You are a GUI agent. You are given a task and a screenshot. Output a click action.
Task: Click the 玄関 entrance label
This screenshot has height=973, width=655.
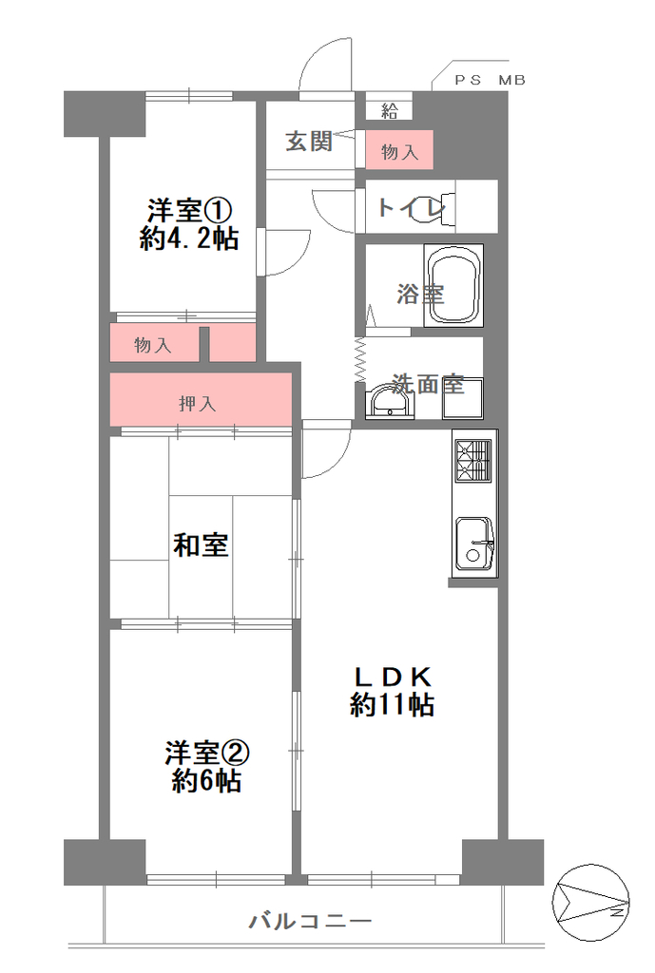309,142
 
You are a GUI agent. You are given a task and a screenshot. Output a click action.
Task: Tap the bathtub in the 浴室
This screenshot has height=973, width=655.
453,285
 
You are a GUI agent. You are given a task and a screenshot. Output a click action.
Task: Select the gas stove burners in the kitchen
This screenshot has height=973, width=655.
473,461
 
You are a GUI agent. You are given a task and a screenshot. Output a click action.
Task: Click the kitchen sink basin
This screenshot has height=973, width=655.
474,543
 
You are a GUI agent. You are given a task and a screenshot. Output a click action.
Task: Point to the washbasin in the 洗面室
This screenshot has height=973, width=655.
390,402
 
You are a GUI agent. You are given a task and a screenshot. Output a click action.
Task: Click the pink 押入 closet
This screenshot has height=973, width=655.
201,400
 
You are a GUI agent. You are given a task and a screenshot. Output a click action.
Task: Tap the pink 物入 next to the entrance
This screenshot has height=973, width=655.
398,149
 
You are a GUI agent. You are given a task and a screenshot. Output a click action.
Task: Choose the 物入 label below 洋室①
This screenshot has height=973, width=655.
153,344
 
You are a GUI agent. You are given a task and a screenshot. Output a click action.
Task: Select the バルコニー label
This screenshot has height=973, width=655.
311,920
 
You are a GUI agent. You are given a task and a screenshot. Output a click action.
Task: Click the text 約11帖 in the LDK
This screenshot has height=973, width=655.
392,705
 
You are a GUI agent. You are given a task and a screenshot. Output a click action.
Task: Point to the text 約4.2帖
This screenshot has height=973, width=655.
189,238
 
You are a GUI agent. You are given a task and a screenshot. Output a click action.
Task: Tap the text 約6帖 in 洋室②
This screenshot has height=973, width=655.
206,781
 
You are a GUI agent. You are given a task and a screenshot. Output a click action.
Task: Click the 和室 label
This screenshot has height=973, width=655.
201,544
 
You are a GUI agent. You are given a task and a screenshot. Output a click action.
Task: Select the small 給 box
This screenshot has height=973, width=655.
389,110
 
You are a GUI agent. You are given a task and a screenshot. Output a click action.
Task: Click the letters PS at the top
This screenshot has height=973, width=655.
468,80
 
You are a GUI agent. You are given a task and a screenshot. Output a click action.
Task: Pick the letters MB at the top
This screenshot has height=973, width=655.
511,80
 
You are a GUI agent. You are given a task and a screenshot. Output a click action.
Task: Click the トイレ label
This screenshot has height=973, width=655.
412,206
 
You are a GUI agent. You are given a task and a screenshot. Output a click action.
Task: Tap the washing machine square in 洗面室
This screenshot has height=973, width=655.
463,398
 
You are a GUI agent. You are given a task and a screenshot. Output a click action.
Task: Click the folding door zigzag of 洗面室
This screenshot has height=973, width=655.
360,360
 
